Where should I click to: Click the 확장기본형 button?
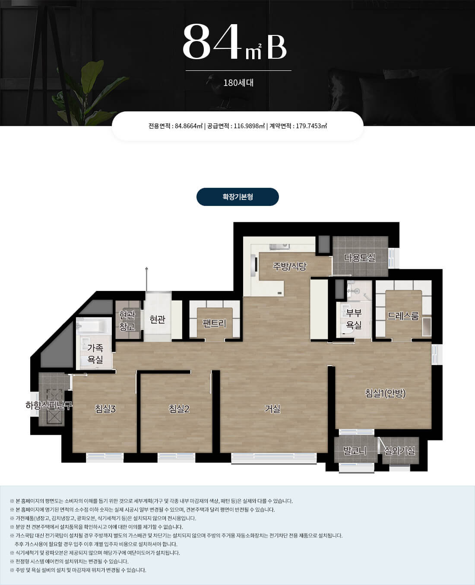click(x=237, y=196)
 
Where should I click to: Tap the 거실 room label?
click(x=272, y=409)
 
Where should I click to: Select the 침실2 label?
click(x=179, y=409)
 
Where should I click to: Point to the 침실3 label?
click(x=105, y=409)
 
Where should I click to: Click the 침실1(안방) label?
click(x=385, y=393)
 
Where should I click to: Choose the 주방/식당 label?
click(x=290, y=266)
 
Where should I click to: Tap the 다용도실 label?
click(x=360, y=258)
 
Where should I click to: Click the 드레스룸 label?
click(x=403, y=316)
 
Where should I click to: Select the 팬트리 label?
click(x=214, y=323)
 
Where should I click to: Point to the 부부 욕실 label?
click(x=354, y=319)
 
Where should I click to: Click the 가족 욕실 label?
click(x=95, y=354)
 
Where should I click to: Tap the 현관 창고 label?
click(x=127, y=321)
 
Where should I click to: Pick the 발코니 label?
click(x=355, y=451)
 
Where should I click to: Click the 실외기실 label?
click(x=399, y=451)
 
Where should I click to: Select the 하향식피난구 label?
click(x=49, y=405)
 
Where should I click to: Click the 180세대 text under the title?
click(x=238, y=82)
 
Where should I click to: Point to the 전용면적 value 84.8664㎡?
click(x=188, y=126)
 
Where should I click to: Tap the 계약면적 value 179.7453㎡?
click(x=311, y=126)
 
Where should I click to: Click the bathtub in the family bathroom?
click(x=92, y=326)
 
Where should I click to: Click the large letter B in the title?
click(x=277, y=48)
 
